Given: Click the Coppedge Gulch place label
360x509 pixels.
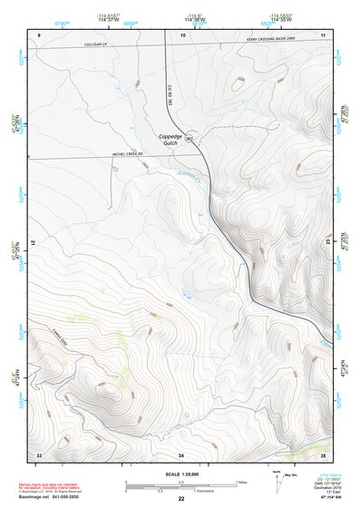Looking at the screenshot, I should pos(172,140).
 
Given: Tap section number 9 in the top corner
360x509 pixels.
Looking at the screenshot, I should pos(40,34).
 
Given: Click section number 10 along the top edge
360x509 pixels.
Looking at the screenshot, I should pos(182,34).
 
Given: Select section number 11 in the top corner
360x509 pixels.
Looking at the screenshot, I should pos(322,34).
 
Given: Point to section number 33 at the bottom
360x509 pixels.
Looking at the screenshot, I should pos(39,454).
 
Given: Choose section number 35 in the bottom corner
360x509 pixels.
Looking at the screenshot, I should pos(323,454).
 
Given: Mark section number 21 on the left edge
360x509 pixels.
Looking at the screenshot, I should pos(38,243).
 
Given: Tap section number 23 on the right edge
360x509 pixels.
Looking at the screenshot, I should pos(325,243).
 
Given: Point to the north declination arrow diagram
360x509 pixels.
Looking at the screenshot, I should pos(276,481).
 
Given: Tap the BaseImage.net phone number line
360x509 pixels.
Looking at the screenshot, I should pos(49,498).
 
